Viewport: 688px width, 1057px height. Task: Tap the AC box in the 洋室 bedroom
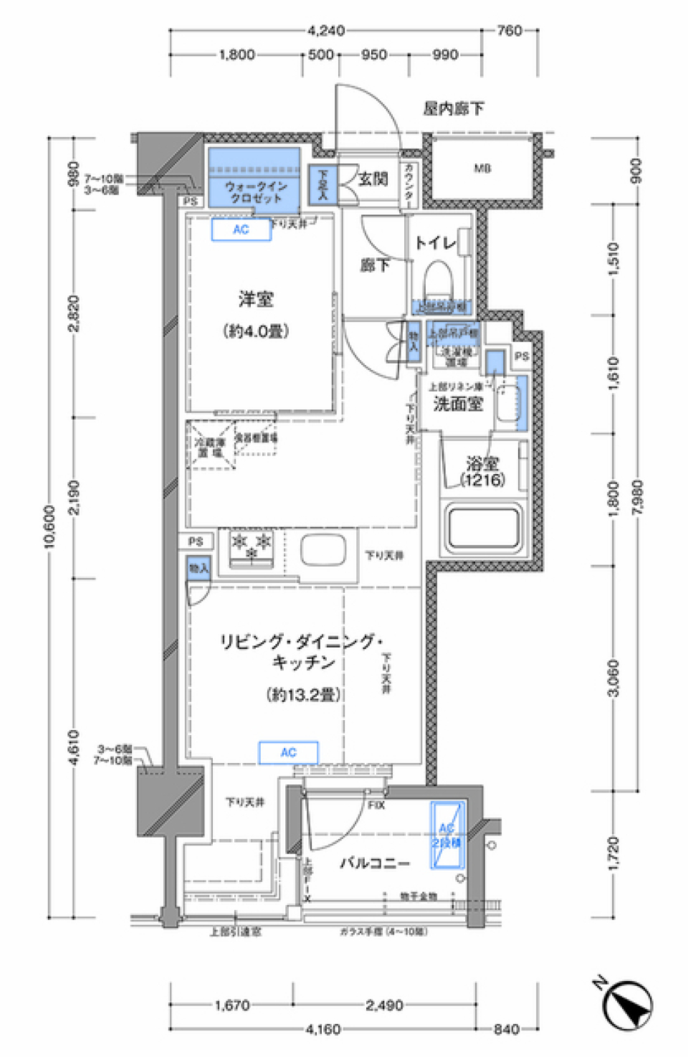click(241, 229)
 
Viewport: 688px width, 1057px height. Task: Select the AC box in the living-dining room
click(288, 752)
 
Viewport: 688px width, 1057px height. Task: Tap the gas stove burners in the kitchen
click(251, 546)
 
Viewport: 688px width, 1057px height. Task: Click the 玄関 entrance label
click(373, 179)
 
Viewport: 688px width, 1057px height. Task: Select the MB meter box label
click(482, 169)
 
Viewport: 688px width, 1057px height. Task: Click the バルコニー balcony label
click(374, 863)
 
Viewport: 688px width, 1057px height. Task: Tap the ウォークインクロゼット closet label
click(254, 191)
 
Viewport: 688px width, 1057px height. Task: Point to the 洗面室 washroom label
click(458, 404)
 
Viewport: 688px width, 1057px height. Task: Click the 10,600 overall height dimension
click(49, 527)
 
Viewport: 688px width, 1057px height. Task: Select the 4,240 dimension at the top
click(326, 31)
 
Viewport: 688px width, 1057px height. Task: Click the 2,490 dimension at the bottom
click(384, 1005)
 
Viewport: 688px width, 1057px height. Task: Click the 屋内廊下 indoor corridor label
click(453, 108)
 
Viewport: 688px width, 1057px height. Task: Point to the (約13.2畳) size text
click(303, 694)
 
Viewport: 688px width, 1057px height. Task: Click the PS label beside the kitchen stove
click(196, 541)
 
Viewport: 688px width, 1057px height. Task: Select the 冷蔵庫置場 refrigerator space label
click(211, 447)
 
